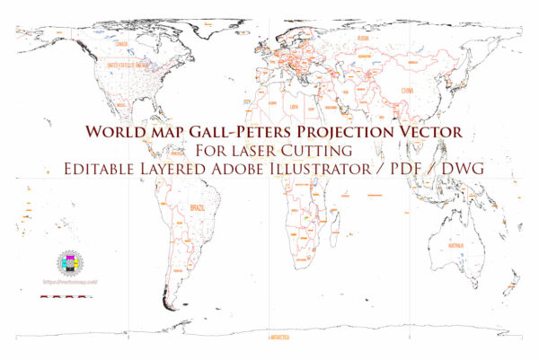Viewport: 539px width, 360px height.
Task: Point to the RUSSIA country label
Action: pyautogui.click(x=362, y=39)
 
